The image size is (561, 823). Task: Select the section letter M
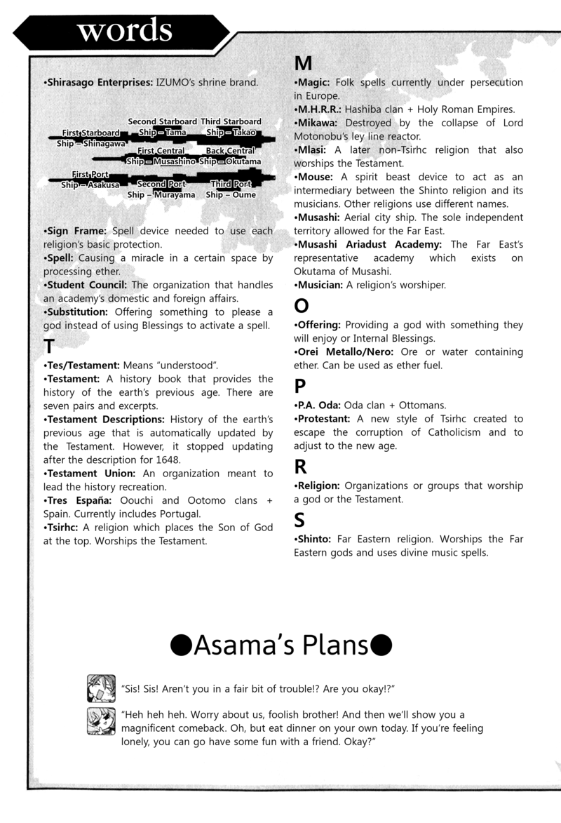click(x=303, y=64)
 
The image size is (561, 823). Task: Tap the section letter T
click(x=49, y=347)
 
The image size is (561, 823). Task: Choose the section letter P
click(x=300, y=386)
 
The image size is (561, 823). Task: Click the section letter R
click(x=301, y=466)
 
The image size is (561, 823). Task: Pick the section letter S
click(x=300, y=519)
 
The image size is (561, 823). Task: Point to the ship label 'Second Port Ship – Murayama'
click(x=161, y=189)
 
